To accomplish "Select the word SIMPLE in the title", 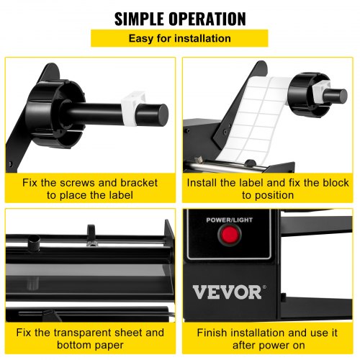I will [x=142, y=17].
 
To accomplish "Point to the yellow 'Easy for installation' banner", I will [x=179, y=38].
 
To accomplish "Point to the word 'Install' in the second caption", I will [x=204, y=183].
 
